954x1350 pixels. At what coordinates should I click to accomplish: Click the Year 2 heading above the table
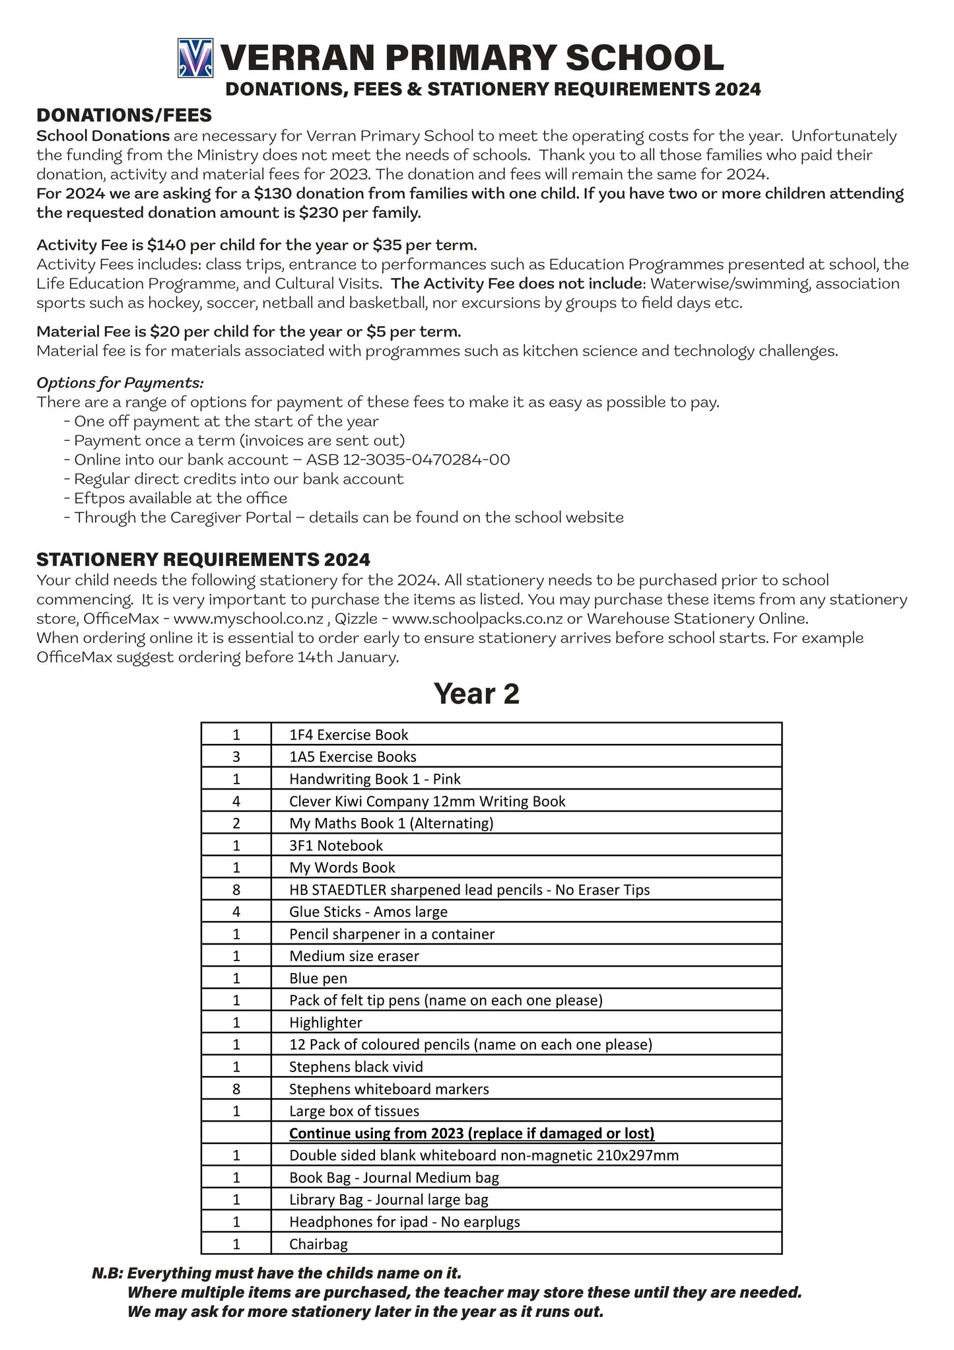coord(476,694)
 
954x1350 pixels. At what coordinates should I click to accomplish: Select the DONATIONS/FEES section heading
coord(124,116)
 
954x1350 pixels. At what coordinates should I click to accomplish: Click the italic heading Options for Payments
coord(120,383)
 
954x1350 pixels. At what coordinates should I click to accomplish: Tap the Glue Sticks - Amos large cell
coord(368,912)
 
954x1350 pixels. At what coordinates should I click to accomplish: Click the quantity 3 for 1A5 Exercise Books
coord(236,757)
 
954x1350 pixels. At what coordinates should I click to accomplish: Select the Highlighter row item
coord(325,1023)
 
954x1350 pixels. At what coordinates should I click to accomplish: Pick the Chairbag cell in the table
coord(318,1244)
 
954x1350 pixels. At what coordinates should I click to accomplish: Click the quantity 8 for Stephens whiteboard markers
coord(236,1089)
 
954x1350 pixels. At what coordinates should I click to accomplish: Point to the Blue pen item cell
coord(318,978)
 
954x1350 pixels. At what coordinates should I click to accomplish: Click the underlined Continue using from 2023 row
coord(471,1133)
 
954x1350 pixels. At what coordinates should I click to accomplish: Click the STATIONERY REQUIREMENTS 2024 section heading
coord(203,560)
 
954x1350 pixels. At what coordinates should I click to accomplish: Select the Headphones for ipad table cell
coord(404,1222)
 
